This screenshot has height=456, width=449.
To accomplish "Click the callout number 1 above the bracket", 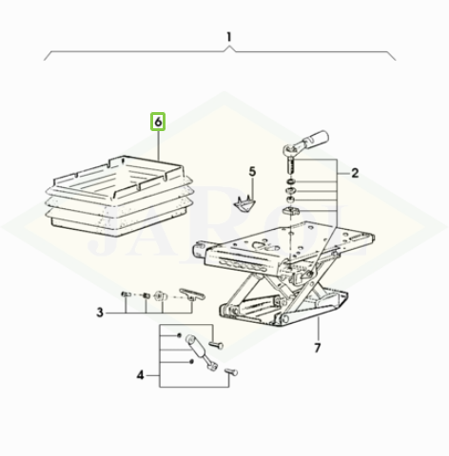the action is coord(229,37).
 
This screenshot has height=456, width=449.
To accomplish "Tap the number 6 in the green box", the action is coord(158,122).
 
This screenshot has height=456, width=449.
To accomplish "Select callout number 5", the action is coord(252,172).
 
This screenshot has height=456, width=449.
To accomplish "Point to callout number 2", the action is coord(355,173).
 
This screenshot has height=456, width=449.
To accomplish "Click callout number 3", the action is coord(100,313).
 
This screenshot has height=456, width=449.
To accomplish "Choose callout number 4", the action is coord(140,375).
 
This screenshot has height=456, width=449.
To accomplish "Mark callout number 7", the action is coord(318,348).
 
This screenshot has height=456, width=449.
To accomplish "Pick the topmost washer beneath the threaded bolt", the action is coord(291,182).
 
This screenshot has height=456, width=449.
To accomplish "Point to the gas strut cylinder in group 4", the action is coord(197,347).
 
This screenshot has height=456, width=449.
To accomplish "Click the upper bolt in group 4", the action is coord(216,345).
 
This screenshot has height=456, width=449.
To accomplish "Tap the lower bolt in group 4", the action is coord(231,371).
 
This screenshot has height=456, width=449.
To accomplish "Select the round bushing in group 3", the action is coord(160,296).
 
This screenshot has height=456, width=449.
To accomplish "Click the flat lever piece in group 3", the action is coord(192,294).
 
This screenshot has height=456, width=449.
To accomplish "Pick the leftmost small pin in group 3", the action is coord(126,294).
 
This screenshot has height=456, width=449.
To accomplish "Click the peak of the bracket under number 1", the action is coord(229,47).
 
